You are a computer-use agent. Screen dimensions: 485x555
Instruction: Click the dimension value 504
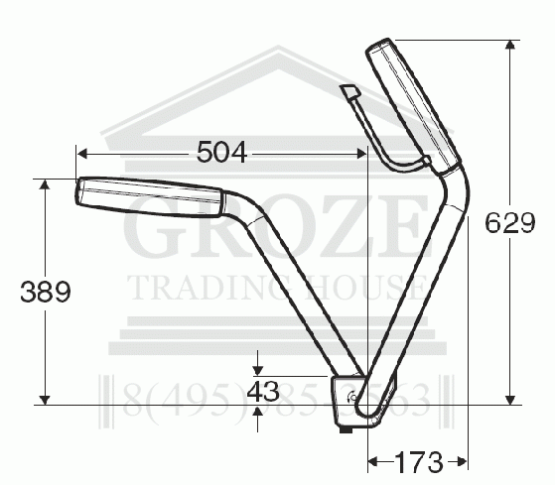[x=221, y=152]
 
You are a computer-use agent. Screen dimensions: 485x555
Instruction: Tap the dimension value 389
[x=45, y=292]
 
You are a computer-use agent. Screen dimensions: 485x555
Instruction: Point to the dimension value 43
[x=261, y=391]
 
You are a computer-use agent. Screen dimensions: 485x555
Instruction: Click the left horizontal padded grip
[x=149, y=191]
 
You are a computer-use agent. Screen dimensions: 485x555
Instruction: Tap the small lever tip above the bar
[x=348, y=92]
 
